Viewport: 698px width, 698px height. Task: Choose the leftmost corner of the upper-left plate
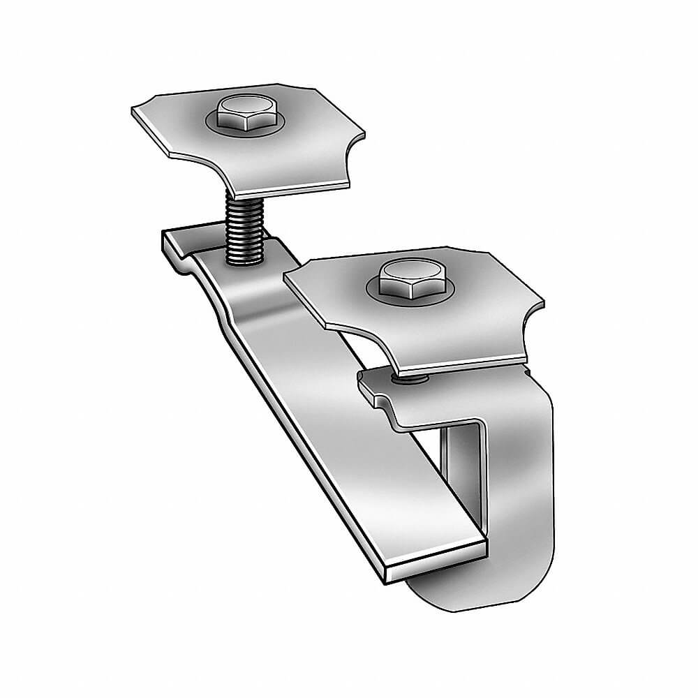[x=134, y=112]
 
